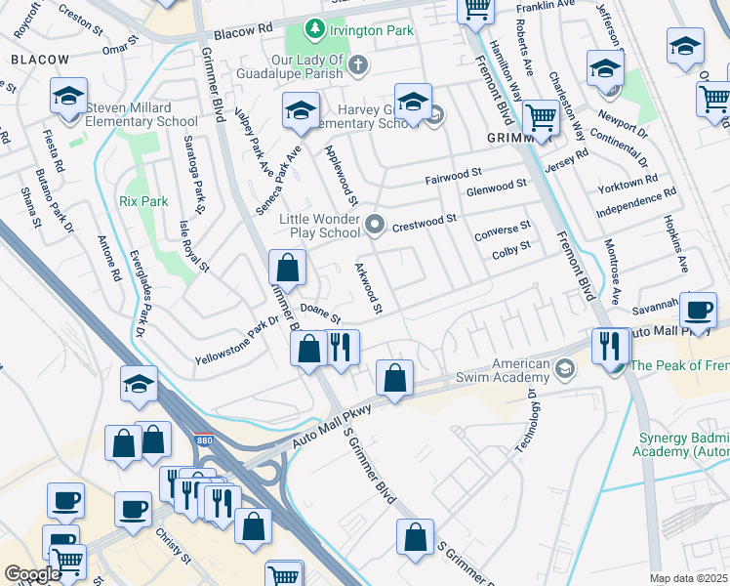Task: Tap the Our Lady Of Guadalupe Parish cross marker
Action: (x=358, y=66)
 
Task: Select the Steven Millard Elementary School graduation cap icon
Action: (x=69, y=97)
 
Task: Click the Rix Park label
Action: (x=143, y=201)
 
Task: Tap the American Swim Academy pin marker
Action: (x=565, y=369)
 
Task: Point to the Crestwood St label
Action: (x=425, y=224)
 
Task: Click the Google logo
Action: (x=33, y=574)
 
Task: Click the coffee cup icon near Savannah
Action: (x=698, y=311)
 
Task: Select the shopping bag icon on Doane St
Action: (x=288, y=268)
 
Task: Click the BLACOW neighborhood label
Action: (x=40, y=60)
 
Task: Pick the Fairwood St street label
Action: (x=455, y=180)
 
